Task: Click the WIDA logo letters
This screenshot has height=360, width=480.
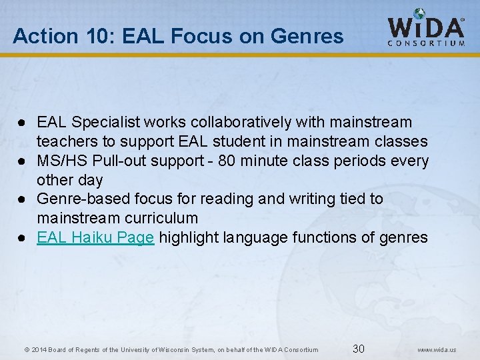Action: pyautogui.click(x=426, y=27)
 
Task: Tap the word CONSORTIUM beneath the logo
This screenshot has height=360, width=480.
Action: pyautogui.click(x=427, y=43)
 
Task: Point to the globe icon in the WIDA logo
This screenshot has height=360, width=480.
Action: pyautogui.click(x=419, y=13)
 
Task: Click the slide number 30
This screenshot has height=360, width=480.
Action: pyautogui.click(x=359, y=349)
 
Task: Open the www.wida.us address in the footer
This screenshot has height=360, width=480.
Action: pyautogui.click(x=437, y=349)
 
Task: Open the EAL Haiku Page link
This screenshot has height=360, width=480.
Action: pyautogui.click(x=96, y=237)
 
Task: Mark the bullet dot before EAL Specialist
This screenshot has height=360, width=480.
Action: pyautogui.click(x=22, y=123)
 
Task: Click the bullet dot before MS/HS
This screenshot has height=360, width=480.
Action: pyautogui.click(x=22, y=161)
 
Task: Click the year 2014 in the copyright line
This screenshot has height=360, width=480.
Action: pyautogui.click(x=38, y=350)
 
